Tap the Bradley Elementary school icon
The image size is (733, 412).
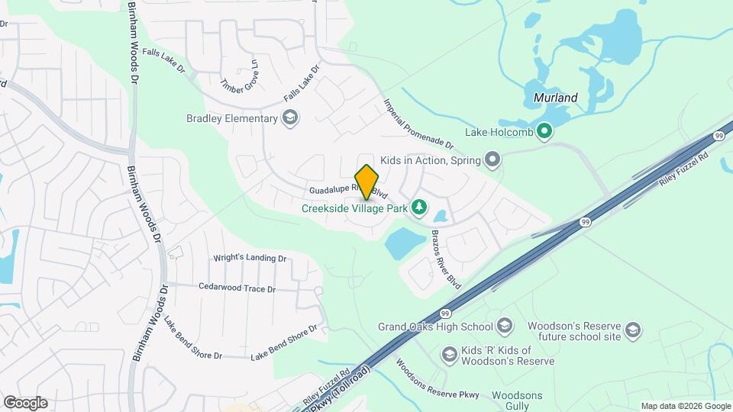point(289,117)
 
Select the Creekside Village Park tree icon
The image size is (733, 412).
point(418,207)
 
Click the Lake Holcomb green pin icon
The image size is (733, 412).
point(544,132)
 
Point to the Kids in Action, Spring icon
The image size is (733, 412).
point(492,159)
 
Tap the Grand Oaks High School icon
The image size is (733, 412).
point(504,327)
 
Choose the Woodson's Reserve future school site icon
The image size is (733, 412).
point(632,330)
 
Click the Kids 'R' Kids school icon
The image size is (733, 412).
point(449,354)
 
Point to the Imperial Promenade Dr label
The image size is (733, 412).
point(418,123)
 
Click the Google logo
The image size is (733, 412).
point(24,402)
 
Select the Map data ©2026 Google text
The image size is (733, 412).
point(685,406)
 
